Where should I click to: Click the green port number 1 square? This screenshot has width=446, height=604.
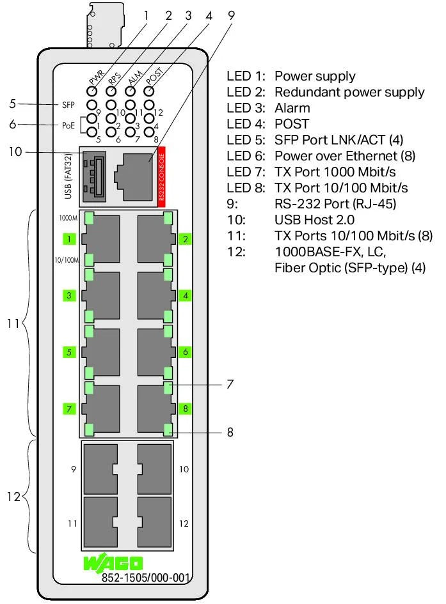coord(68,240)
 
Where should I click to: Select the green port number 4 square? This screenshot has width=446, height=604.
coord(185,296)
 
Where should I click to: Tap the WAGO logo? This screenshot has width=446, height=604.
coord(113,564)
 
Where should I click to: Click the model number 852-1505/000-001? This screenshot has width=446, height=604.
coord(146,578)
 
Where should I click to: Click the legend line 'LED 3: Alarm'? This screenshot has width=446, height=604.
coord(269,108)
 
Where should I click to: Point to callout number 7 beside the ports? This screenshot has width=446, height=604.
coord(229,385)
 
